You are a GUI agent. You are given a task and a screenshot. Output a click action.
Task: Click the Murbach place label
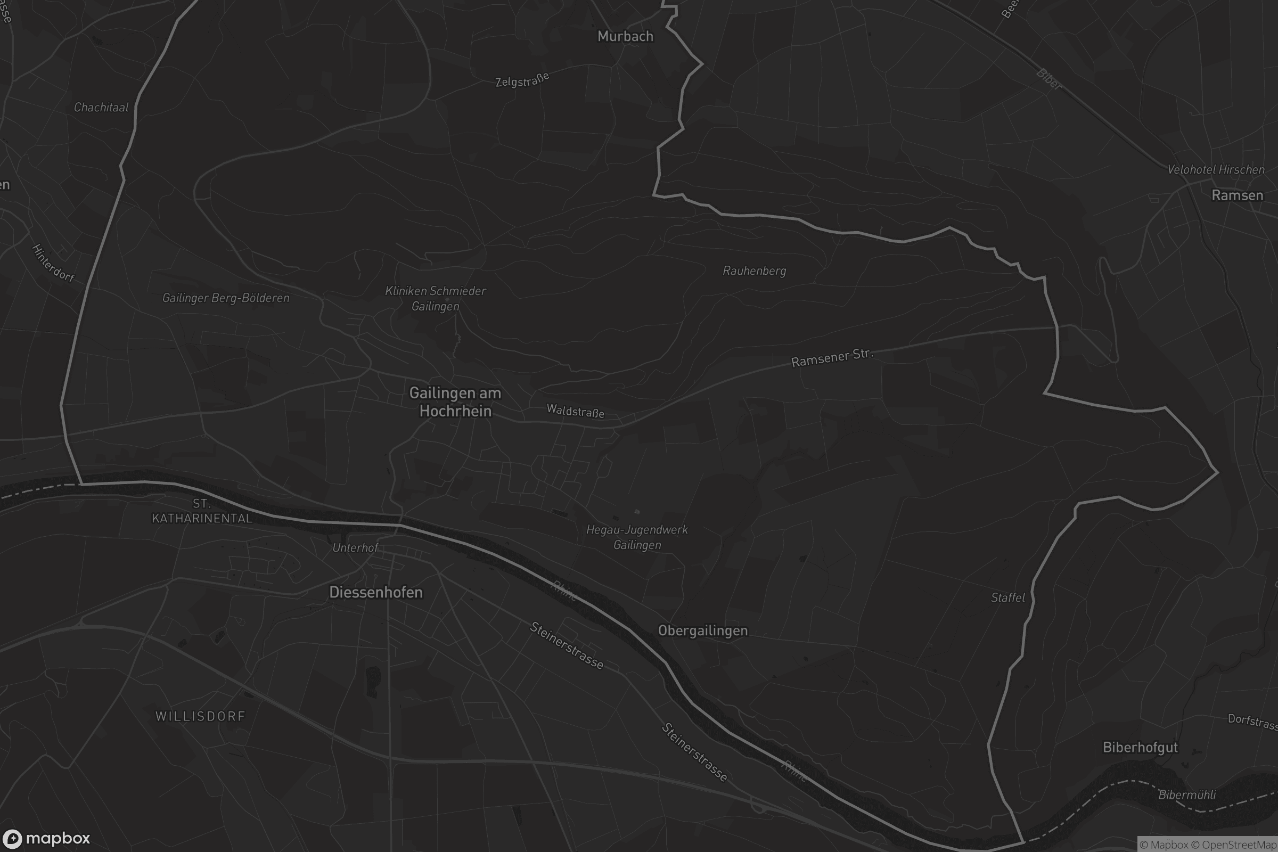pyautogui.click(x=625, y=36)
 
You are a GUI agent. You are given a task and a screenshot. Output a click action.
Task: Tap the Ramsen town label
pyautogui.click(x=1237, y=195)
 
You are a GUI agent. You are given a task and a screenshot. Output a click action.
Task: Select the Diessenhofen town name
pyautogui.click(x=375, y=592)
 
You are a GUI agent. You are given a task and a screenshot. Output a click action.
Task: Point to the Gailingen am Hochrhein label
pyautogui.click(x=455, y=402)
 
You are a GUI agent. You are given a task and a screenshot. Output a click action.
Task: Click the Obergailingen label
pyautogui.click(x=702, y=630)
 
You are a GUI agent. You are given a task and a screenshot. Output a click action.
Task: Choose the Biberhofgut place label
pyautogui.click(x=1140, y=747)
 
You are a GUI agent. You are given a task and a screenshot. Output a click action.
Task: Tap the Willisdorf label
pyautogui.click(x=200, y=716)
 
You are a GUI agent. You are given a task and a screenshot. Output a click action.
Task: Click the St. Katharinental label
pyautogui.click(x=202, y=511)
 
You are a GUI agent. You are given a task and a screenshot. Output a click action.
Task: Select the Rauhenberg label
pyautogui.click(x=754, y=271)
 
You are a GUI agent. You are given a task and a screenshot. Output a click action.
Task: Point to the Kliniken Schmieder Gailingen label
pyautogui.click(x=435, y=298)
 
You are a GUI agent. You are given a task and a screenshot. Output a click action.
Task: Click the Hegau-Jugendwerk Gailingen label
pyautogui.click(x=637, y=537)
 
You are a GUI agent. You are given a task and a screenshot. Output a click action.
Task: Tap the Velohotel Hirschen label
pyautogui.click(x=1216, y=169)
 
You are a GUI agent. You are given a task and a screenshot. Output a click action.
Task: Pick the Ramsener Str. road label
pyautogui.click(x=832, y=358)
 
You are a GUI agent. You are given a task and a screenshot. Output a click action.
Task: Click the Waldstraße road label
pyautogui.click(x=575, y=411)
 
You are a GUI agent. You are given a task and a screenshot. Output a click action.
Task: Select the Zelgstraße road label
pyautogui.click(x=522, y=80)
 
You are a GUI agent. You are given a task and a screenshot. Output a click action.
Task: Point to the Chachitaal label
pyautogui.click(x=101, y=108)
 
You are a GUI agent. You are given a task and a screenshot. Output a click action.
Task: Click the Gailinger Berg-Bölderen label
pyautogui.click(x=225, y=298)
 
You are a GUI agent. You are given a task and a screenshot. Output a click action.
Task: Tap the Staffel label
pyautogui.click(x=1007, y=597)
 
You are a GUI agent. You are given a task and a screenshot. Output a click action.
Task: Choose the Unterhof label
pyautogui.click(x=355, y=548)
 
